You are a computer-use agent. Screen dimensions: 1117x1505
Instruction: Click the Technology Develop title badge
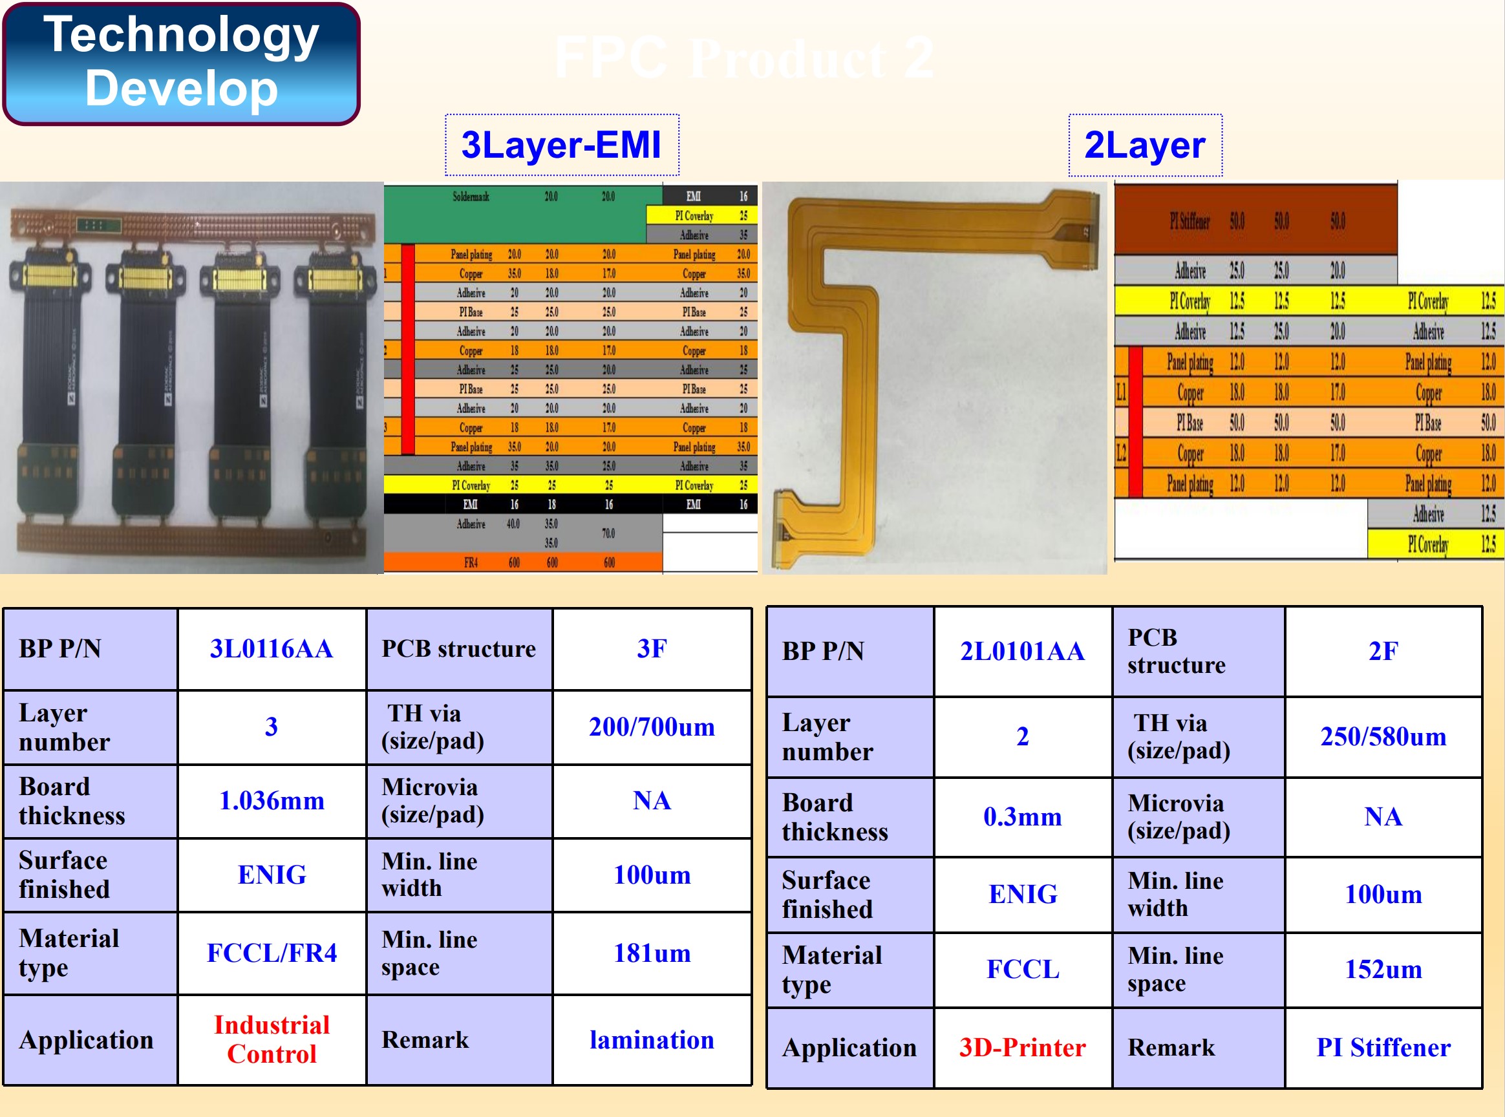tap(181, 63)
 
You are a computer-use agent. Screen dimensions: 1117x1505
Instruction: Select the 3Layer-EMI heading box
tap(561, 145)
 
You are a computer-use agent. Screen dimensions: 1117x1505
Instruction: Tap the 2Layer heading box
tap(1145, 145)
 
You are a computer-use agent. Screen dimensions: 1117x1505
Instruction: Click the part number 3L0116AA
tap(271, 648)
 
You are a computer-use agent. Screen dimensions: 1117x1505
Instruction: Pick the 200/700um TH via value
tap(651, 727)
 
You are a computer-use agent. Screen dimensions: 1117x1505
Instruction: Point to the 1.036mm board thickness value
tap(271, 800)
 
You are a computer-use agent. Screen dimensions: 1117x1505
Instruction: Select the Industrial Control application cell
tap(271, 1039)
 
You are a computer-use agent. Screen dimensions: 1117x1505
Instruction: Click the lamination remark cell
tap(651, 1040)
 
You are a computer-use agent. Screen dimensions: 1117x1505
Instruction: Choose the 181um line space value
tap(651, 953)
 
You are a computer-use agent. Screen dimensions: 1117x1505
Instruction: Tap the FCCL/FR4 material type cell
tap(271, 953)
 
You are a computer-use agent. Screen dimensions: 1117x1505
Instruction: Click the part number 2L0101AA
tap(1021, 651)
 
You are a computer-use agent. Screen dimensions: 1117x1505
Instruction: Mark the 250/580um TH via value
tap(1383, 736)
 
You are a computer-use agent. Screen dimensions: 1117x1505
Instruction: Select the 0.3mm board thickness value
tap(1021, 817)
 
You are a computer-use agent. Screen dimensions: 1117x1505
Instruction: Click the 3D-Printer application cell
tap(1021, 1047)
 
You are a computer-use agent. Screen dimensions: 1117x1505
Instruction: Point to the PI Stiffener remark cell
tap(1383, 1047)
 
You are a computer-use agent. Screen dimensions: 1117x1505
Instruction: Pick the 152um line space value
tap(1383, 970)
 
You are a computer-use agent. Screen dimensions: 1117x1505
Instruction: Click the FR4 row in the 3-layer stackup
tap(471, 562)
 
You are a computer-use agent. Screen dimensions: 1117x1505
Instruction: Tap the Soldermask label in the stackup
tap(471, 197)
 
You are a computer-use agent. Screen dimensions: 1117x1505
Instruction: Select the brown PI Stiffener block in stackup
tap(1190, 221)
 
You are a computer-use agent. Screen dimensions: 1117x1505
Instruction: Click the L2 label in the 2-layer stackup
tap(1120, 452)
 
